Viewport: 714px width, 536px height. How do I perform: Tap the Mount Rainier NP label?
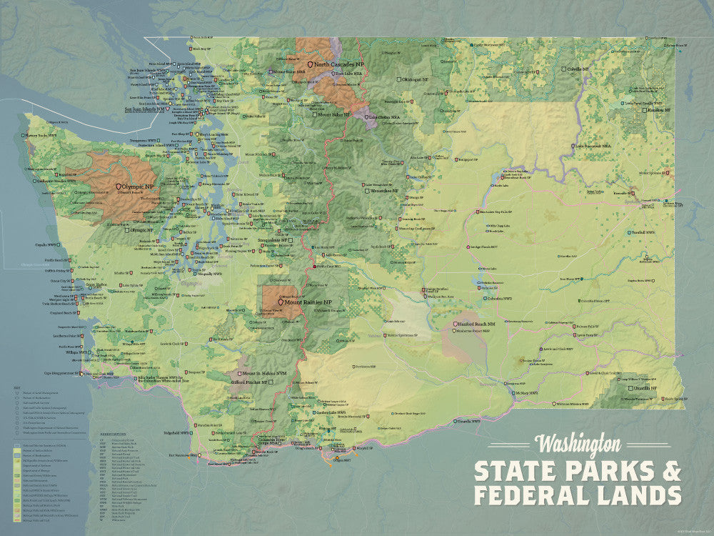(x=313, y=302)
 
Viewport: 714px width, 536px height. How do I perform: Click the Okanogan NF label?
(x=418, y=79)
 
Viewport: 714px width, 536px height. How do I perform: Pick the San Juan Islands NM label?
(x=145, y=109)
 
